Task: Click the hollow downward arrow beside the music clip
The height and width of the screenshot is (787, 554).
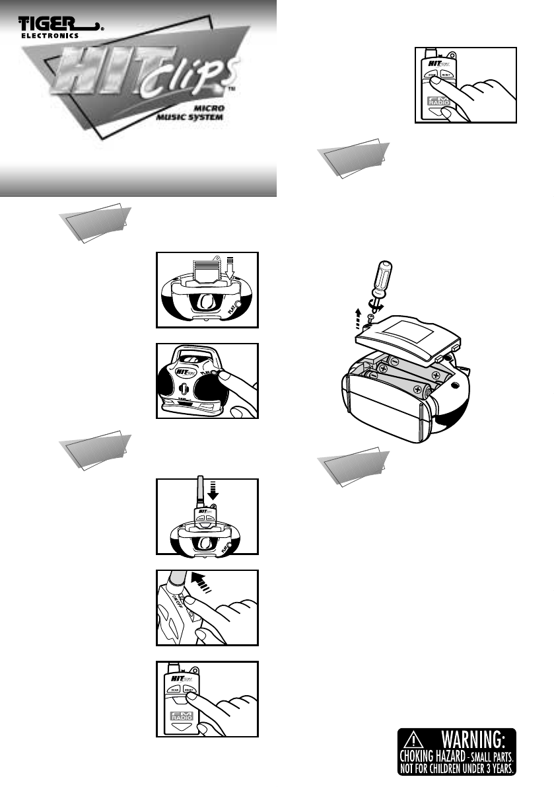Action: [230, 266]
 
